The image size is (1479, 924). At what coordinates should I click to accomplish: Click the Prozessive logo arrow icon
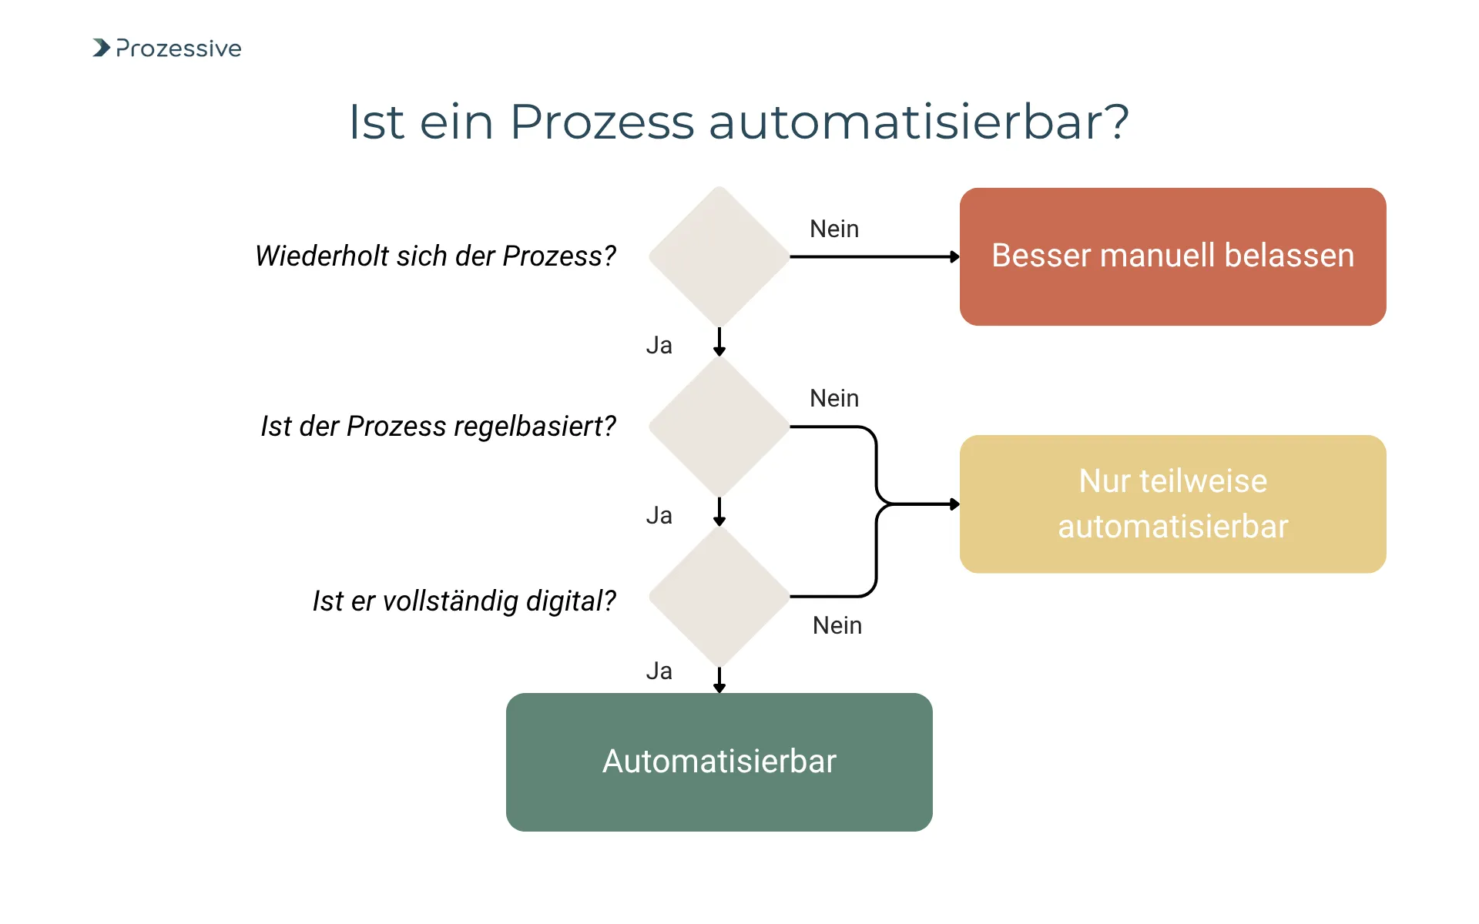click(x=101, y=48)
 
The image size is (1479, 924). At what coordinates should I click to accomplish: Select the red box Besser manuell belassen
click(x=1172, y=256)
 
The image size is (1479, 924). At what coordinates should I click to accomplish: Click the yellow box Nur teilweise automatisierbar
click(x=1172, y=504)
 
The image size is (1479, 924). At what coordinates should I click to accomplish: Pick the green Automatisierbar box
click(x=719, y=762)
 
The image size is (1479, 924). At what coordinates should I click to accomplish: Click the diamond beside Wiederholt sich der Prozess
click(x=719, y=256)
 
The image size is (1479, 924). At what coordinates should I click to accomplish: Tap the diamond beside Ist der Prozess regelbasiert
click(x=719, y=427)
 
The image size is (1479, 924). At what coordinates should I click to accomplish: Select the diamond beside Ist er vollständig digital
click(x=719, y=597)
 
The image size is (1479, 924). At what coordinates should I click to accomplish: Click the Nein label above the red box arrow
click(x=834, y=229)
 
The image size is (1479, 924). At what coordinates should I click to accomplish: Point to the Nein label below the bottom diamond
click(x=837, y=625)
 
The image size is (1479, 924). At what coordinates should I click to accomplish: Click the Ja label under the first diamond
click(x=659, y=345)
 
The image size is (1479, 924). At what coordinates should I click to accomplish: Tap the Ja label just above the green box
click(x=659, y=671)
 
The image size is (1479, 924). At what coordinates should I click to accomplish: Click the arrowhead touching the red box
click(x=955, y=256)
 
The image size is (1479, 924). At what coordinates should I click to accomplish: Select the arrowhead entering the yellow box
click(x=955, y=504)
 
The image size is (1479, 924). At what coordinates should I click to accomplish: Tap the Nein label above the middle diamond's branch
click(x=834, y=398)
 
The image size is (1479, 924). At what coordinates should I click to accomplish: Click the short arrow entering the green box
click(x=719, y=681)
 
